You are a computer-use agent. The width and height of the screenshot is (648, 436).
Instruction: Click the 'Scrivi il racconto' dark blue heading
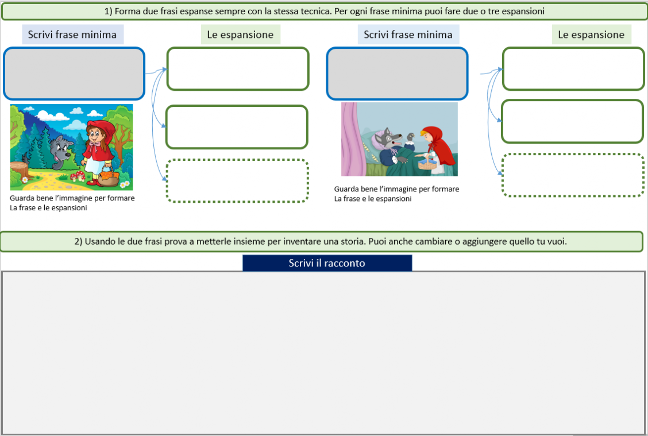pos(327,263)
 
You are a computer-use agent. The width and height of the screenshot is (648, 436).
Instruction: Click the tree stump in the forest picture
pos(19,170)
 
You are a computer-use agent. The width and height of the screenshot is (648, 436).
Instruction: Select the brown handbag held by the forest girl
pos(109,176)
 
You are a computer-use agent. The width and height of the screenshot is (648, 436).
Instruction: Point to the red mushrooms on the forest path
pos(78,176)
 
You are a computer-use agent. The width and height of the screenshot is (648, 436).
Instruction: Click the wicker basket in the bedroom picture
pos(428,163)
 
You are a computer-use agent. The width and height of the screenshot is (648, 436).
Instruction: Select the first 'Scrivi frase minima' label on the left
pos(72,34)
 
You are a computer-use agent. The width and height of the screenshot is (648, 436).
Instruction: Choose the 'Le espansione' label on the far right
pos(591,34)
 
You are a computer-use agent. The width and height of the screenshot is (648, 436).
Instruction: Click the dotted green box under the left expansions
pos(237,180)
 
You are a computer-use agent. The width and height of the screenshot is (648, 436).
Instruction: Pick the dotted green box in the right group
pos(573,175)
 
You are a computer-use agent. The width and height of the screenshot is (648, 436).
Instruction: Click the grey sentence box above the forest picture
pos(74,74)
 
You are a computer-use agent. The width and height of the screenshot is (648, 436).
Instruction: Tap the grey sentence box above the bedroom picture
pos(397,74)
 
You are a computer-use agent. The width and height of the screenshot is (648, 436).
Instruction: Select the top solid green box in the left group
pos(238,68)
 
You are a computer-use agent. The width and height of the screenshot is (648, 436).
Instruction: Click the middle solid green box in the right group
pos(572,122)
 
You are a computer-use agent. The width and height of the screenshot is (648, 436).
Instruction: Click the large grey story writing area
pos(323,353)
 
